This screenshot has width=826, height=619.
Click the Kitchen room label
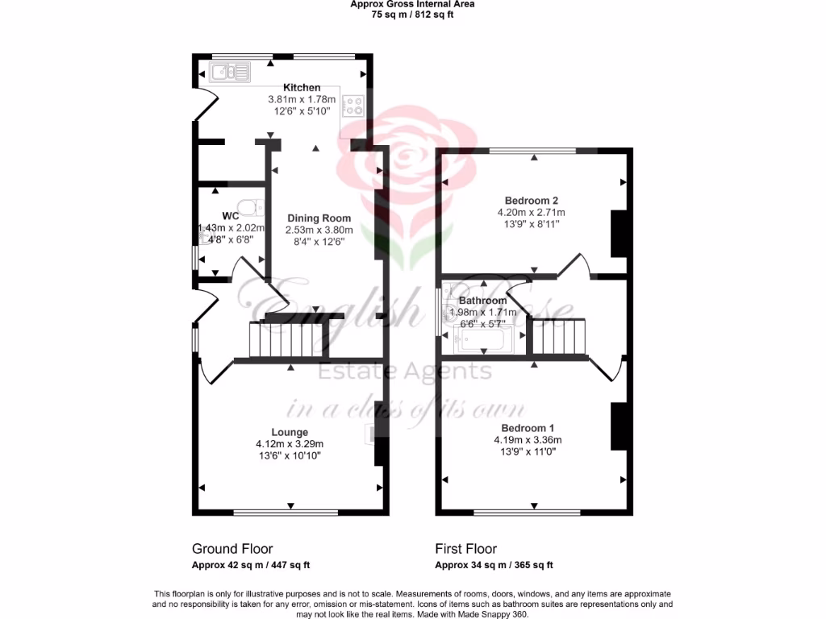click(x=302, y=87)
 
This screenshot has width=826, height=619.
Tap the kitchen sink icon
click(x=230, y=73)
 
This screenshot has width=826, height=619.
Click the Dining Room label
click(x=319, y=218)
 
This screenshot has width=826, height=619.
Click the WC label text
click(x=230, y=216)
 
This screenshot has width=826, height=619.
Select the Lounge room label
click(x=289, y=432)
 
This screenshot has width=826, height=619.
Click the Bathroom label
click(x=482, y=301)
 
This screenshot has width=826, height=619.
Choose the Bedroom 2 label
click(x=532, y=201)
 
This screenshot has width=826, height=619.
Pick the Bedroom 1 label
click(x=528, y=428)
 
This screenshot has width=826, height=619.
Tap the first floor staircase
click(x=557, y=336)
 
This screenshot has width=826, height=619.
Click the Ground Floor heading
click(x=232, y=549)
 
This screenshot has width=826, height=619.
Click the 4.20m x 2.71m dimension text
click(x=532, y=213)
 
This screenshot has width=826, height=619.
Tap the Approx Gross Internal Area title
click(x=412, y=4)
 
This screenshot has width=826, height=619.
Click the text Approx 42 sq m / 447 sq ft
click(x=251, y=565)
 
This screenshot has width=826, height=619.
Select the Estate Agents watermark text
click(x=406, y=372)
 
